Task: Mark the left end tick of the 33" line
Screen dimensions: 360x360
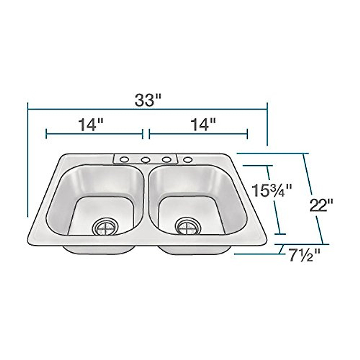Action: [x=28, y=110]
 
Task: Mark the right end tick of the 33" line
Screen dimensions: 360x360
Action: [x=267, y=110]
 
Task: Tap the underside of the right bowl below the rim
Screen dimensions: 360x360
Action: [x=195, y=250]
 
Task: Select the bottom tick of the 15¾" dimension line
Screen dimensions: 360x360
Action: [x=280, y=234]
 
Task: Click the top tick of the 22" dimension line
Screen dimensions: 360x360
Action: [x=305, y=154]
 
